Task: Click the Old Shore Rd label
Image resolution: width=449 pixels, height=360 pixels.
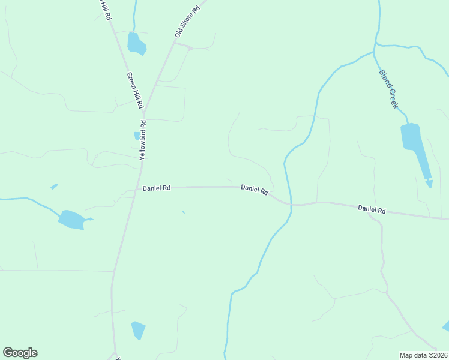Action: [x=187, y=22]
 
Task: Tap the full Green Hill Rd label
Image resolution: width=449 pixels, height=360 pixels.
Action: [x=135, y=91]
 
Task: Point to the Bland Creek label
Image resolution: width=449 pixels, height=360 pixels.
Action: [x=388, y=89]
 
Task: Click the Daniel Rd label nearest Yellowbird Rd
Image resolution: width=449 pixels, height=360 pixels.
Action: [x=157, y=188]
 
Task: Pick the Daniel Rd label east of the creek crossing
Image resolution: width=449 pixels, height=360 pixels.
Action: [x=372, y=209]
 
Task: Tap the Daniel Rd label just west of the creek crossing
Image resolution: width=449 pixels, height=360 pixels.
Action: [x=254, y=189]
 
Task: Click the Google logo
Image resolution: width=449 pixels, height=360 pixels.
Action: [x=20, y=353]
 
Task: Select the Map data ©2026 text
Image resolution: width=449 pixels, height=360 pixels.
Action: [x=423, y=355]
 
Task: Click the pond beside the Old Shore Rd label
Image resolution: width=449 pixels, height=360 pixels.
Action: [x=136, y=44]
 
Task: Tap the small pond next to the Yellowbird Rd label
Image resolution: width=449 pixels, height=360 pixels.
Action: [x=137, y=136]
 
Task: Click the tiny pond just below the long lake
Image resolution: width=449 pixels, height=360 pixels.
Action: [x=429, y=184]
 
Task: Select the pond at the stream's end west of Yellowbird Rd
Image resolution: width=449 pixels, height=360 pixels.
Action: [x=71, y=220]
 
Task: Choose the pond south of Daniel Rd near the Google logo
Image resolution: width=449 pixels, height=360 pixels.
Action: [x=138, y=329]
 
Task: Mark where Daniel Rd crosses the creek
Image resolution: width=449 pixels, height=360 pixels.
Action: [x=291, y=204]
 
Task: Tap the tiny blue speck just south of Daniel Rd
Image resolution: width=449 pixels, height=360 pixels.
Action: [x=183, y=211]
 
